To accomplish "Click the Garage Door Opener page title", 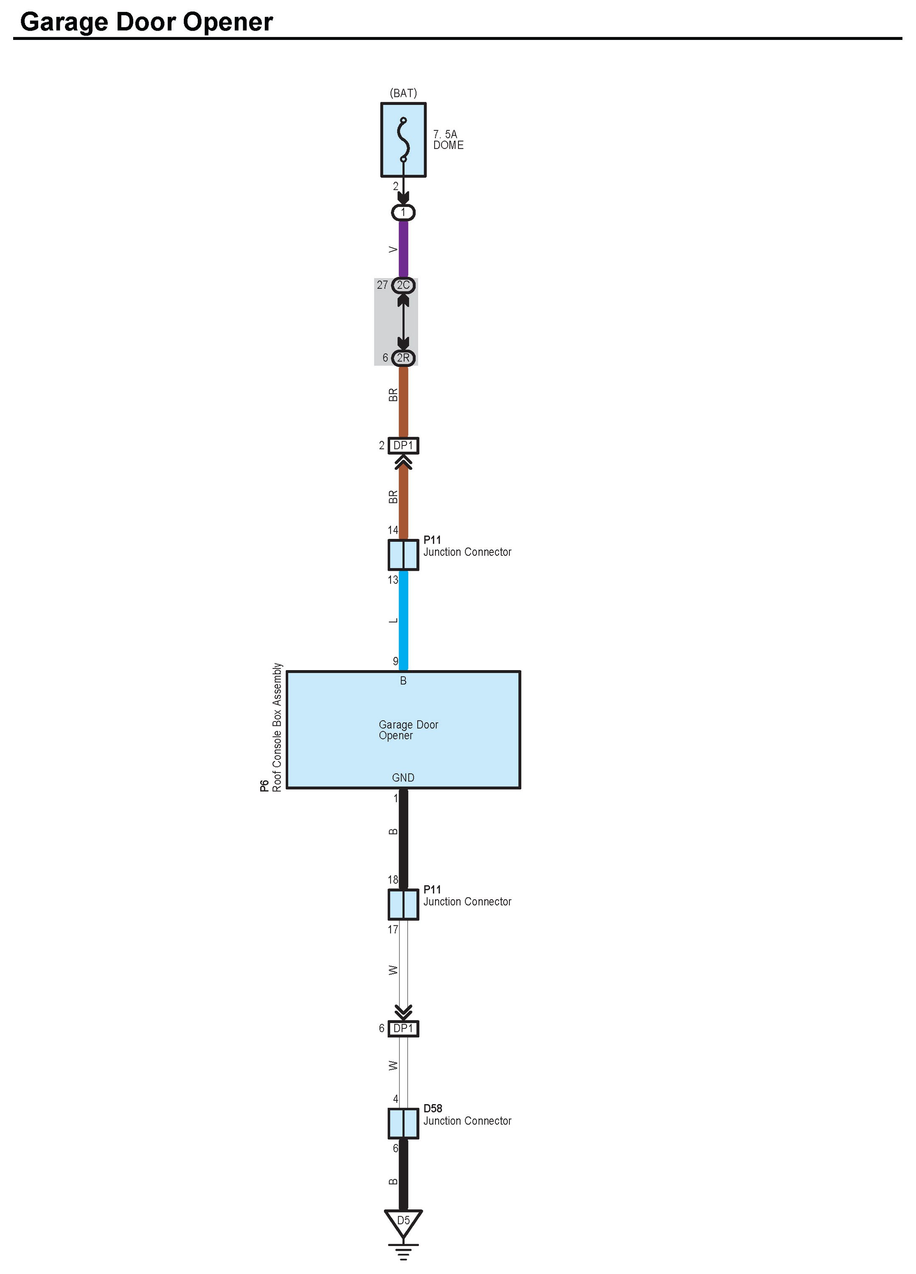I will [146, 23].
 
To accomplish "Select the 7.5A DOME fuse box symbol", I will [403, 140].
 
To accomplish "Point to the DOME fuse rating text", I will [448, 140].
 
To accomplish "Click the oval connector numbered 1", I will [403, 213].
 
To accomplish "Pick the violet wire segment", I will [403, 249].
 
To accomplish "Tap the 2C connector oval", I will [403, 285].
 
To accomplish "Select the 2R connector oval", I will [403, 358].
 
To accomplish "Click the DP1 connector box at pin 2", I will [403, 445].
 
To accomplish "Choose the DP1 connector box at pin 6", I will [403, 1029].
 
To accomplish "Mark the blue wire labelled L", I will [403, 620].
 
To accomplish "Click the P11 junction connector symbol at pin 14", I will [403, 555].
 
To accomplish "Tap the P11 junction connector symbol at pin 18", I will [403, 905].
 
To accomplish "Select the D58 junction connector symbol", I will [403, 1124].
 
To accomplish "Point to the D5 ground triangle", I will [403, 1222].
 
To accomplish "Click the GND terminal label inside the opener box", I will [403, 778].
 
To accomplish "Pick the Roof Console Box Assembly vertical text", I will [277, 727].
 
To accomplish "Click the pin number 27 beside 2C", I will [382, 285].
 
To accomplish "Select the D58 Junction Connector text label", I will [467, 1115].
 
